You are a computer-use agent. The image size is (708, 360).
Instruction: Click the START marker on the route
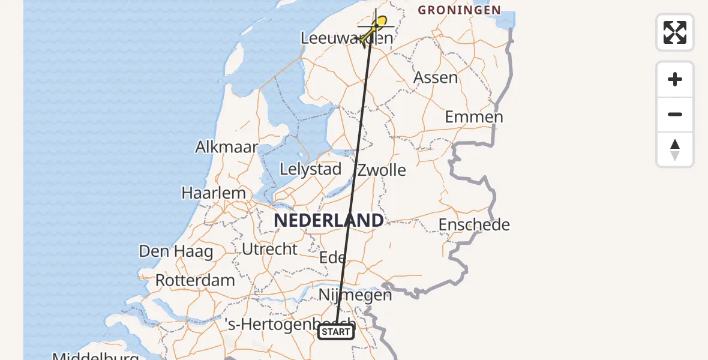pos(336,332)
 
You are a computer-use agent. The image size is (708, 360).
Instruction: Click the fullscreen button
pos(675,32)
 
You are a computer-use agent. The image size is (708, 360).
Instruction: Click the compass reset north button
pos(675,149)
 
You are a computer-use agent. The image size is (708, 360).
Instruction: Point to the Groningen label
pos(459,10)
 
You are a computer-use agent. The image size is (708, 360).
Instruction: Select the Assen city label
pos(436,77)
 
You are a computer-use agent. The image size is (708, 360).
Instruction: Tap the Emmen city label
pos(473,116)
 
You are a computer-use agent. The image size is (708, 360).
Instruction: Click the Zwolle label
pos(382,170)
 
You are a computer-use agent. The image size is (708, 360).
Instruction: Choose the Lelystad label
pos(310,169)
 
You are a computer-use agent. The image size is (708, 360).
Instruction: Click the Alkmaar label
pos(227,147)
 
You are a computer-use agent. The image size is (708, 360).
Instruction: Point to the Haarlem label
pos(214,193)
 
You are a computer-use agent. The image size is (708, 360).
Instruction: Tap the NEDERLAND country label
pos(328,221)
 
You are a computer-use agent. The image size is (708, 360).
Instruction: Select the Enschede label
pos(474,225)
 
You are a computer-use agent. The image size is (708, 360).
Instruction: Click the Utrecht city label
pos(270,249)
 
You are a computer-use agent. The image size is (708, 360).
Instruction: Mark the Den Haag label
pos(176,251)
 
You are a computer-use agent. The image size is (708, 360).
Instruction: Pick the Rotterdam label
pos(195,280)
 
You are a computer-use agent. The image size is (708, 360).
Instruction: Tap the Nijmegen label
pos(355,295)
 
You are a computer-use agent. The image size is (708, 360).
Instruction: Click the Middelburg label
pos(95,356)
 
